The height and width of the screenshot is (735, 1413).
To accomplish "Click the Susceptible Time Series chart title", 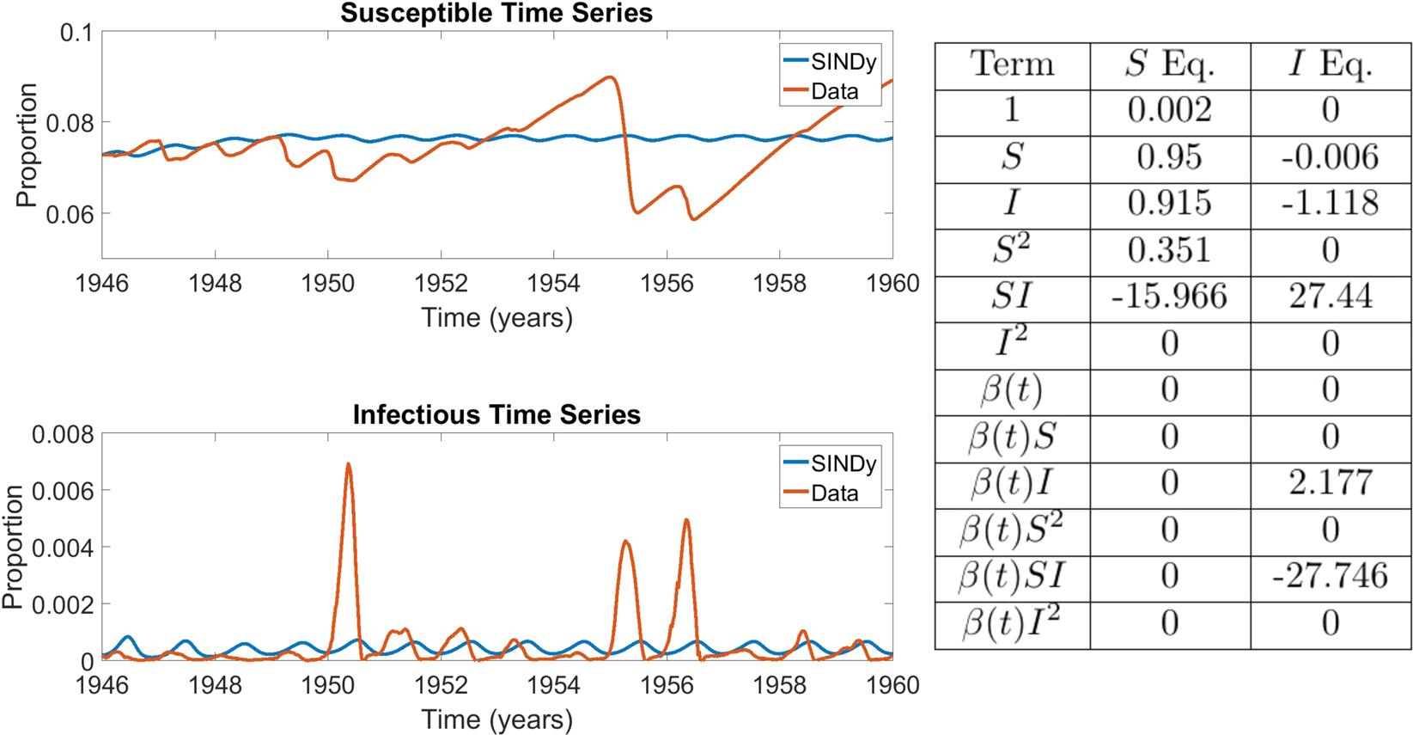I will pyautogui.click(x=496, y=14).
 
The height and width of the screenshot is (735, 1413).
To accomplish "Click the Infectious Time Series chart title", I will pyautogui.click(x=496, y=415).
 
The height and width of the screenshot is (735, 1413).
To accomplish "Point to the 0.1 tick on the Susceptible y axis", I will pyautogui.click(x=75, y=33).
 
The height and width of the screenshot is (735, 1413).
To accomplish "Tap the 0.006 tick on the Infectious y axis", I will pyautogui.click(x=62, y=491).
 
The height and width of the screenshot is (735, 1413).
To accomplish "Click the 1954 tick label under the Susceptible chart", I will pyautogui.click(x=553, y=283).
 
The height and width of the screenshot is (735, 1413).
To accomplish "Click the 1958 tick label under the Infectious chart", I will pyautogui.click(x=779, y=685).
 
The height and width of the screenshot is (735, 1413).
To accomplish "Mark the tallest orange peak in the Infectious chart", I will pyautogui.click(x=348, y=465).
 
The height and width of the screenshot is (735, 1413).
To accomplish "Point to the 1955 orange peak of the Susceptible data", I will pyautogui.click(x=611, y=77).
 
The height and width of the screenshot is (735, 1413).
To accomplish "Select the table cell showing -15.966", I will pyautogui.click(x=1169, y=297).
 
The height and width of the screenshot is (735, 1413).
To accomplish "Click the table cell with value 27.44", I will pyautogui.click(x=1330, y=297).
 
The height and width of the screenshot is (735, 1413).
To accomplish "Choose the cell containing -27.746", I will pyautogui.click(x=1330, y=576).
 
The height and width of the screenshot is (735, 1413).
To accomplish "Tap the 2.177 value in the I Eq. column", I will pyautogui.click(x=1330, y=483).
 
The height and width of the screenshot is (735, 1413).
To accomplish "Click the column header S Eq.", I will pyautogui.click(x=1169, y=64).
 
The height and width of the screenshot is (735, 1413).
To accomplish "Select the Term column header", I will pyautogui.click(x=1011, y=64).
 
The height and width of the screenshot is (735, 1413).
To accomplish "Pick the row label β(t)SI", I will pyautogui.click(x=1011, y=576).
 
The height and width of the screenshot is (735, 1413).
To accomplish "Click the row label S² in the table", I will pyautogui.click(x=1011, y=250).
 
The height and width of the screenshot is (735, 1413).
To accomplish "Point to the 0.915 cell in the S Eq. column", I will pyautogui.click(x=1169, y=204).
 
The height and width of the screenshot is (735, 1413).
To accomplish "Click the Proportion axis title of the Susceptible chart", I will pyautogui.click(x=27, y=144).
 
